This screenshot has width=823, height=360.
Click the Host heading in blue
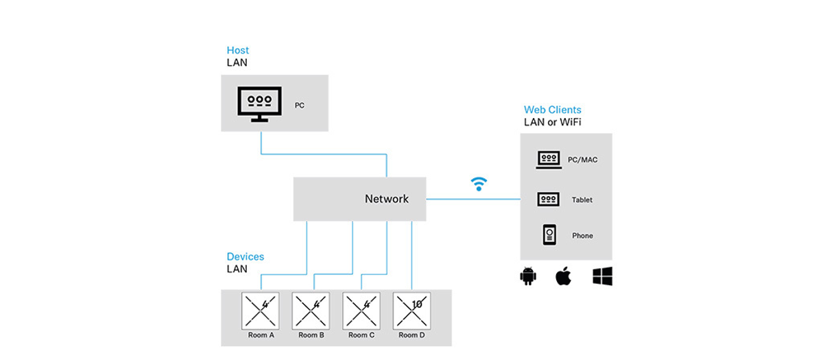point(238,50)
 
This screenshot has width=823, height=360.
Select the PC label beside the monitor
point(300,106)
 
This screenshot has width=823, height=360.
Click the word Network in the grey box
point(386,199)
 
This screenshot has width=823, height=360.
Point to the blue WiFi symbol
point(479,183)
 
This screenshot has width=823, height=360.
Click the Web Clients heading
point(552,110)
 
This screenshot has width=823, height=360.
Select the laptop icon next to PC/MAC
point(549,159)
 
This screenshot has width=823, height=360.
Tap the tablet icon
point(549,200)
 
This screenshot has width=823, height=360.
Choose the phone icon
point(549,235)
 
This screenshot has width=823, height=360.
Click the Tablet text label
point(582,200)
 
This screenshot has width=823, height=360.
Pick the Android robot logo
point(527,277)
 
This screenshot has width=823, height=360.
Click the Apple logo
point(563,277)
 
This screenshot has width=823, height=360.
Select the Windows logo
point(602,277)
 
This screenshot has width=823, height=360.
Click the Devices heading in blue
point(245,256)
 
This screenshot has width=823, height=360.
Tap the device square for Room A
point(261,311)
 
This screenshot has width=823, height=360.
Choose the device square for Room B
point(311,311)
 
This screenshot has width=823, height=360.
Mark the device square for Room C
point(361,311)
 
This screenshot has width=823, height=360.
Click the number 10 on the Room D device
point(416,303)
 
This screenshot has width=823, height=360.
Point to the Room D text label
point(411,335)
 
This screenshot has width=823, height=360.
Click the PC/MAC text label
point(582,160)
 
